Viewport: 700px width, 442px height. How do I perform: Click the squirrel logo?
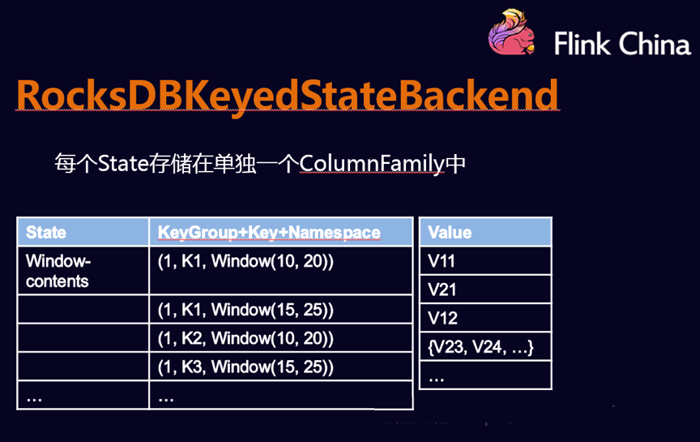(511, 32)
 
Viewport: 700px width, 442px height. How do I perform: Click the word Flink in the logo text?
(582, 44)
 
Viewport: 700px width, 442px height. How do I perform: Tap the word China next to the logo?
(655, 44)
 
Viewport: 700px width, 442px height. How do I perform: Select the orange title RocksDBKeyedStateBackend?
(287, 95)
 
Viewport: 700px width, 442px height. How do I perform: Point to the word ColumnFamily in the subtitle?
(373, 164)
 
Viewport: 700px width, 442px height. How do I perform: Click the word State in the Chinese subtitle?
(123, 163)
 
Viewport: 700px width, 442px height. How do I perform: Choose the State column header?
(46, 233)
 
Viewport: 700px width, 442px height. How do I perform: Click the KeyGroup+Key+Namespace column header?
(269, 233)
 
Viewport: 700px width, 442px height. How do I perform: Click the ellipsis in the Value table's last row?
(436, 380)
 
